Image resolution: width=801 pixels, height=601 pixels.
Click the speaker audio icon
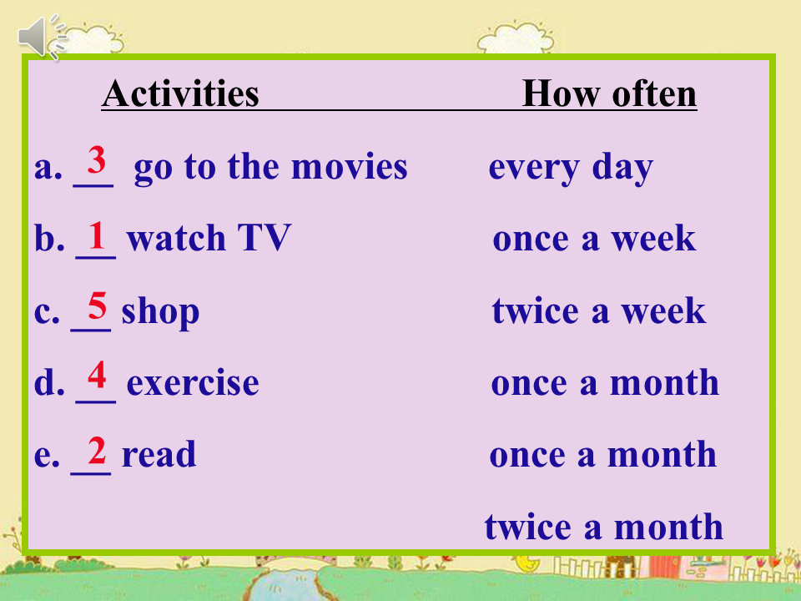(x=42, y=36)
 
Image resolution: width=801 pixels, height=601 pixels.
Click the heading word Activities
(x=180, y=93)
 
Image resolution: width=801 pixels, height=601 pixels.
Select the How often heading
(x=609, y=94)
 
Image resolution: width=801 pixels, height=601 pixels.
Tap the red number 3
(x=96, y=160)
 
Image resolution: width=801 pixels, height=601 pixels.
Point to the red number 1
(x=97, y=235)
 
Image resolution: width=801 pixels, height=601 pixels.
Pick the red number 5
(x=97, y=306)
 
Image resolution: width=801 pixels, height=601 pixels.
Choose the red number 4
(x=97, y=375)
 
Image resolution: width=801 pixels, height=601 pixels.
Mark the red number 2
(x=97, y=450)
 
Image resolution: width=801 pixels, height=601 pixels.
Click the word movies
(x=349, y=167)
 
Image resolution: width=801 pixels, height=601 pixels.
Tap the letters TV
(x=264, y=238)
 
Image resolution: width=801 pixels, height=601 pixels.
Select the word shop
(x=160, y=311)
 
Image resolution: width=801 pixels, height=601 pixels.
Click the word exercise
(x=193, y=383)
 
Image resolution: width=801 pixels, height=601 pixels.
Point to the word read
(x=159, y=454)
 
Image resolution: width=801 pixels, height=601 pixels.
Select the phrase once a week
(x=594, y=238)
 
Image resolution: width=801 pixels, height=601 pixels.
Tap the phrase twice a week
(x=599, y=311)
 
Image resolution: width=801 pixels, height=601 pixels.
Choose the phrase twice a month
(x=604, y=527)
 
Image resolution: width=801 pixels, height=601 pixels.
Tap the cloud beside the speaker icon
(x=94, y=39)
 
